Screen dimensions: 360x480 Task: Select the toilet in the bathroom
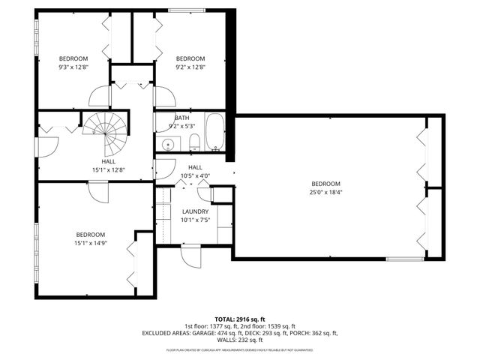tap(193, 142)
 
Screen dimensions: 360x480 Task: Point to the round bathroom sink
tap(171, 144)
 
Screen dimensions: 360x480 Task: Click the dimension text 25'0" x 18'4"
tap(325, 192)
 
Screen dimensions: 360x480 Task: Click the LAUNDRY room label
tap(195, 212)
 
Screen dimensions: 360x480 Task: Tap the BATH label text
tap(182, 118)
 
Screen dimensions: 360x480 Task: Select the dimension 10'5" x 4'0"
tap(195, 175)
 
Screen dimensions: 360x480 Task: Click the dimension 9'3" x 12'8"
tap(73, 67)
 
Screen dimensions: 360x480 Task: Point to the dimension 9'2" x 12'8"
tap(190, 67)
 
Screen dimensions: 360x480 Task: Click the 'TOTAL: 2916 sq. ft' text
tap(240, 319)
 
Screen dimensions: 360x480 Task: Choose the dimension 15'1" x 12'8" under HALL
tap(108, 169)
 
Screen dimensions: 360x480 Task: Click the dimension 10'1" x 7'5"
tap(195, 220)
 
